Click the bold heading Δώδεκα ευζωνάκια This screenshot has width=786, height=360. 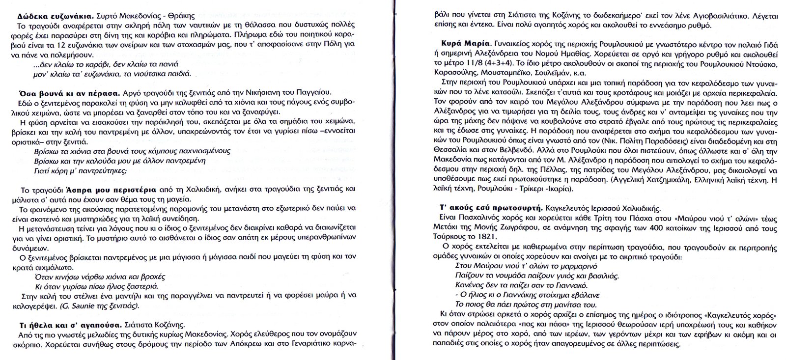click(43, 15)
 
